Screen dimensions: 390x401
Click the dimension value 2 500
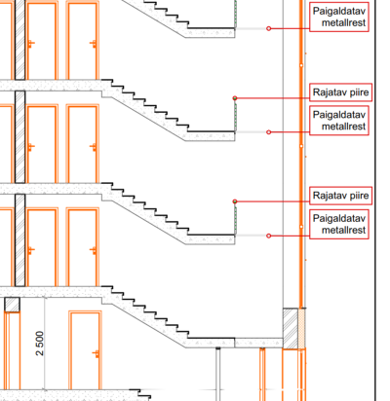pyautogui.click(x=40, y=344)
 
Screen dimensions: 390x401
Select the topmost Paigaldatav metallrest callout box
pyautogui.click(x=339, y=17)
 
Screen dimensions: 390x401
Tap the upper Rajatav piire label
pyautogui.click(x=340, y=92)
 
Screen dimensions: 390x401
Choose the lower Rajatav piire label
pyautogui.click(x=340, y=196)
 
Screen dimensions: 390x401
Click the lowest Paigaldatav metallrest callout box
pyautogui.click(x=339, y=224)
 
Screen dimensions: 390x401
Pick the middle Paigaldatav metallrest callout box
pyautogui.click(x=339, y=121)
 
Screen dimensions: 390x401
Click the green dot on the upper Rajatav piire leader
pyautogui.click(x=235, y=98)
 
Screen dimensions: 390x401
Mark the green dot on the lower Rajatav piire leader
pyautogui.click(x=235, y=201)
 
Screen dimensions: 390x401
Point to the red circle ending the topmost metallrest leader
pyautogui.click(x=268, y=28)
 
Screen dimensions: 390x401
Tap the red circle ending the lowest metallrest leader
pyautogui.click(x=268, y=236)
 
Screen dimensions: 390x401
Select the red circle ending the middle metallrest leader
pyautogui.click(x=268, y=132)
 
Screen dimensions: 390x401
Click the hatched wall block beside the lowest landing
pyautogui.click(x=291, y=328)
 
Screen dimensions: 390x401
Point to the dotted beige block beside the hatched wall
pyautogui.click(x=301, y=328)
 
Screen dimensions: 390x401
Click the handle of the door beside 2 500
pyautogui.click(x=96, y=353)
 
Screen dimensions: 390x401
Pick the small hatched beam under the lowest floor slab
pyautogui.click(x=12, y=305)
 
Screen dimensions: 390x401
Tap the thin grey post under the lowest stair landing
pyautogui.click(x=217, y=374)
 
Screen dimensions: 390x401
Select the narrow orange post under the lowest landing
pyautogui.click(x=262, y=374)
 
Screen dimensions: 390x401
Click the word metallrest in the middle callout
pyautogui.click(x=343, y=127)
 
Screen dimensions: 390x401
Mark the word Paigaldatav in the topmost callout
pyautogui.click(x=339, y=12)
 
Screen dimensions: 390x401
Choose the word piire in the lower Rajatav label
pyautogui.click(x=359, y=196)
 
